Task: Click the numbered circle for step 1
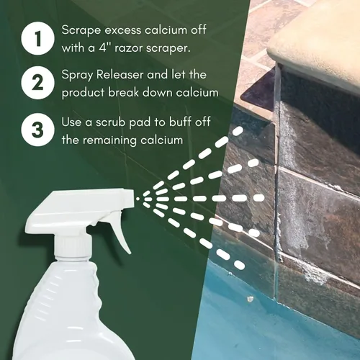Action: pos(37,38)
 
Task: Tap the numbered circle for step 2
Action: pos(37,83)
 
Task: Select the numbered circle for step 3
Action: pos(37,130)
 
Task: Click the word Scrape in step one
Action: pos(81,31)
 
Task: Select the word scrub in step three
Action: pos(111,122)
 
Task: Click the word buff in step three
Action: pos(180,122)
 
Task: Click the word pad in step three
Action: pos(140,122)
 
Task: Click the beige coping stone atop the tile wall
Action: pos(315,43)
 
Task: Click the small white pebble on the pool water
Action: pos(250,299)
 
